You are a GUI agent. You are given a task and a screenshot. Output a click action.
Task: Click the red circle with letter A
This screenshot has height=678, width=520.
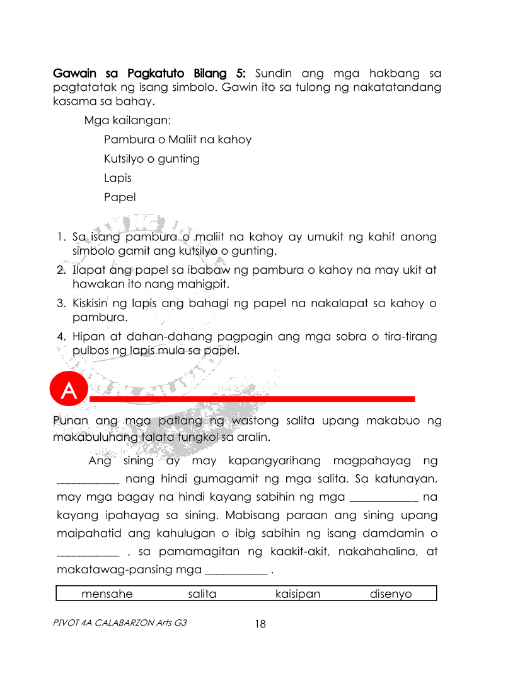(69, 391)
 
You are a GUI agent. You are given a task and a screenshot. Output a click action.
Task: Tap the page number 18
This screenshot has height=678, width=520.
(260, 624)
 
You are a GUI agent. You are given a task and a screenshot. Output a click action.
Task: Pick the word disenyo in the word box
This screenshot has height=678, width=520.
(390, 594)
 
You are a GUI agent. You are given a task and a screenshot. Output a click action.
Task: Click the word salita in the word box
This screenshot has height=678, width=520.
(202, 594)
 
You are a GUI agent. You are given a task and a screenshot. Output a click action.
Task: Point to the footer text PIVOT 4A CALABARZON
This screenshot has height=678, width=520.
(120, 623)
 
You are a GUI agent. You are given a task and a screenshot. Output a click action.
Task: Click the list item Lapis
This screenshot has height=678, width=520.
(118, 178)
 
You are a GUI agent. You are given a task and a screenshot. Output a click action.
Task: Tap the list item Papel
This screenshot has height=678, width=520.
(120, 197)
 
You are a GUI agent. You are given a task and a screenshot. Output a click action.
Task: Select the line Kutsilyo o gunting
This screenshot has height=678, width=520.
(152, 159)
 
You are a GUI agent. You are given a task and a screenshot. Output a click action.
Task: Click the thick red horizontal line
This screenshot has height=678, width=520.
(252, 399)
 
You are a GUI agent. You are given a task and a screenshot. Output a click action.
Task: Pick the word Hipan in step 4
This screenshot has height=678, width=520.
(88, 337)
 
